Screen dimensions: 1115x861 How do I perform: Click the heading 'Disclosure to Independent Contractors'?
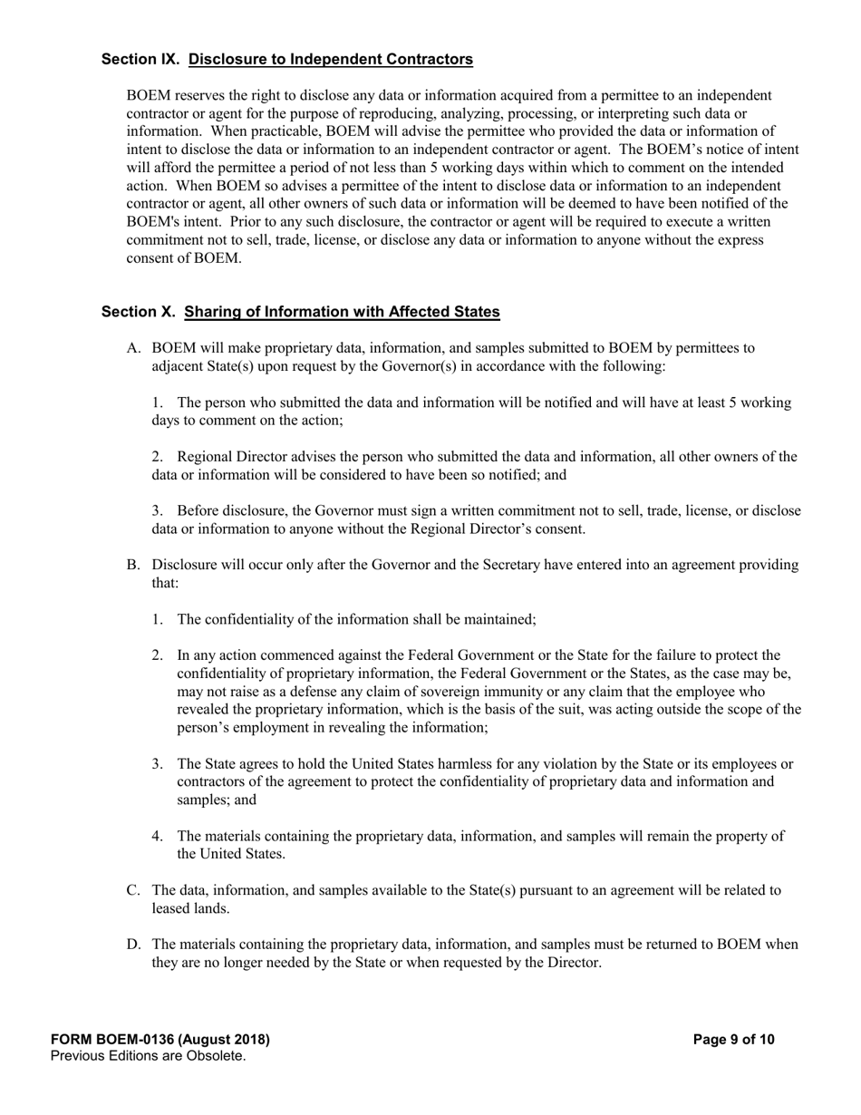[x=331, y=60]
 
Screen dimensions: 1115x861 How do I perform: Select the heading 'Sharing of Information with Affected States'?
[x=342, y=312]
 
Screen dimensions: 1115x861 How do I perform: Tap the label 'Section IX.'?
[x=140, y=60]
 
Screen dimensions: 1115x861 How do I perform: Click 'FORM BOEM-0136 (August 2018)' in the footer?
[x=160, y=1040]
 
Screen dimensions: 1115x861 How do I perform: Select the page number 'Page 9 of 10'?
[x=733, y=1040]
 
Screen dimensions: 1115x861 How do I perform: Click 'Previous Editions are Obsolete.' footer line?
[x=149, y=1056]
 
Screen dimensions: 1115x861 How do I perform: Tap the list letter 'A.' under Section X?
[x=134, y=348]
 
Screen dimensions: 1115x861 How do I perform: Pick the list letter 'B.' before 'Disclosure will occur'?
[x=133, y=566]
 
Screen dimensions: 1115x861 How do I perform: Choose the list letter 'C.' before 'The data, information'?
[x=133, y=891]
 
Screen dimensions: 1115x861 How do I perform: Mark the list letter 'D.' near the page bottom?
[x=134, y=945]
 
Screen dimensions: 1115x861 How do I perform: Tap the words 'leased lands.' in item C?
[x=185, y=908]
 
